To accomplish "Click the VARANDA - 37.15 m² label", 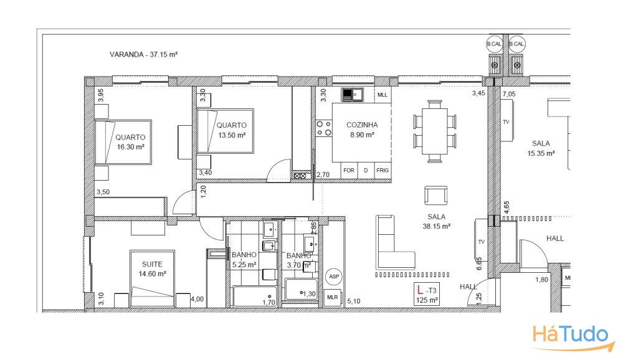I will [x=144, y=55].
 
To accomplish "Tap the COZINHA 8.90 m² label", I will [x=362, y=130].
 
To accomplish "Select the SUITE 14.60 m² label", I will [x=152, y=268].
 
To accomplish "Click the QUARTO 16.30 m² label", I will [x=130, y=141].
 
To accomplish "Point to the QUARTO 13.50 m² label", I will [x=231, y=130].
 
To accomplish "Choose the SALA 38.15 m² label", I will [x=436, y=222].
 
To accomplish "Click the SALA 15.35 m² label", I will [x=541, y=148].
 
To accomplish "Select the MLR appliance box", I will [x=333, y=298].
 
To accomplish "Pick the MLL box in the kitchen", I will [x=383, y=95].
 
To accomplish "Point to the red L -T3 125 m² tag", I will [x=427, y=295].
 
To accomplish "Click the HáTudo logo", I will [x=570, y=334].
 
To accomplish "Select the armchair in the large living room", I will [x=435, y=196].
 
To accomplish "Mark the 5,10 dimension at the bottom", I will [x=353, y=301].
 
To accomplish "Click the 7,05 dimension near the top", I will [x=508, y=93].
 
